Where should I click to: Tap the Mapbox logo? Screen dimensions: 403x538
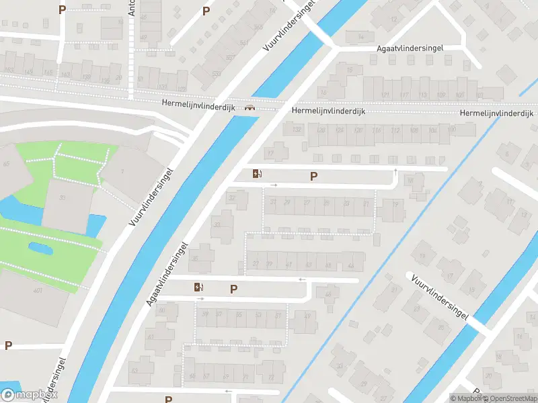point(30,395)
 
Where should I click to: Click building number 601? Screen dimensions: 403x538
point(38,290)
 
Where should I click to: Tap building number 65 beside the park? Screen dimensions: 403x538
point(7,164)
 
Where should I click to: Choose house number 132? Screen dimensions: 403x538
point(297,130)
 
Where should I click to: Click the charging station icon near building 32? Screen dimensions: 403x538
point(257,174)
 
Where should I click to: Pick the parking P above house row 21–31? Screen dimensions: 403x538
point(313,176)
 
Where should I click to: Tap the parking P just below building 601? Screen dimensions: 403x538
point(8,345)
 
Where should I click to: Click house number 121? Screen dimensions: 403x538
point(385,95)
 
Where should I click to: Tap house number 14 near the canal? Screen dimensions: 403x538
point(361,36)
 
